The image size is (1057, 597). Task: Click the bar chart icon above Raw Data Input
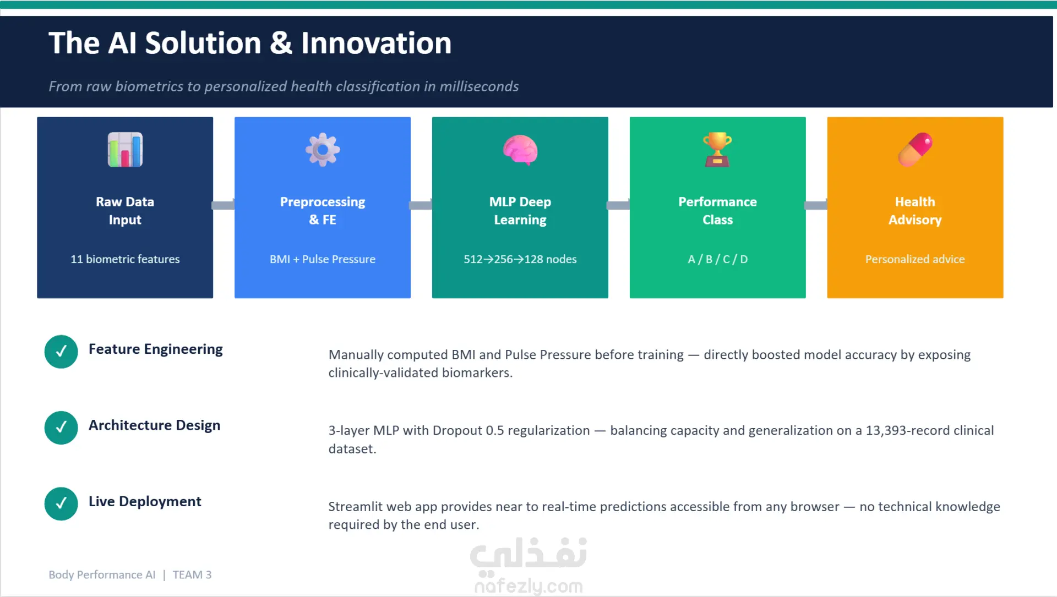(x=125, y=150)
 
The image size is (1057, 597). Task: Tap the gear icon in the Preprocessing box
(x=323, y=150)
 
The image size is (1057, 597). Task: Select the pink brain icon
(x=520, y=150)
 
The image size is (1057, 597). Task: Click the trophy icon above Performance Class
(x=717, y=150)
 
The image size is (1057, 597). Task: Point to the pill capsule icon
(x=915, y=150)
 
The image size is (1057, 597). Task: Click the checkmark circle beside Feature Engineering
(x=61, y=352)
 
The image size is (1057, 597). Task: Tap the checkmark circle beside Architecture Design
(x=61, y=428)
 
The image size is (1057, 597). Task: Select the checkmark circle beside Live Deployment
(x=61, y=503)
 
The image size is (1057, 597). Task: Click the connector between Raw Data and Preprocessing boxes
(x=224, y=205)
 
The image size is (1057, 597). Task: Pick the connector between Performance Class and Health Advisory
(x=816, y=205)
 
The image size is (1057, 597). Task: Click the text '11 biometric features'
(x=125, y=259)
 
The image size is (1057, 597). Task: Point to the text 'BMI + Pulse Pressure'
(x=323, y=259)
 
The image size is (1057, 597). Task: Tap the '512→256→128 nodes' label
(x=520, y=259)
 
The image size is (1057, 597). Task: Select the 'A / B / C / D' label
(x=717, y=259)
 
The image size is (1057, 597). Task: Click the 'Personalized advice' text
(x=915, y=259)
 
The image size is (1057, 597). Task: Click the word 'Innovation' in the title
(x=376, y=43)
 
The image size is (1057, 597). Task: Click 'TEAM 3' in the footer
(x=192, y=574)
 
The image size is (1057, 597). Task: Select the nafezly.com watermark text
(x=528, y=586)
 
